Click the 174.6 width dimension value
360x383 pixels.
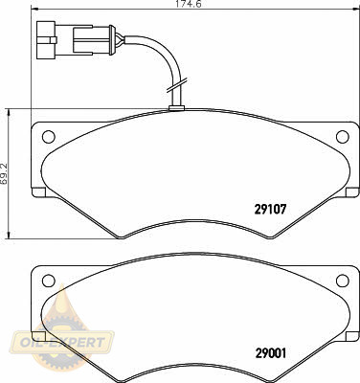tap(190, 4)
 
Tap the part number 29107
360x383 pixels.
tap(271, 210)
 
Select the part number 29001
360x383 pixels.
tap(271, 352)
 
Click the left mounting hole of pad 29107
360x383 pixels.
tap(49, 137)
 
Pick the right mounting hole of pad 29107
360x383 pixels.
tap(343, 137)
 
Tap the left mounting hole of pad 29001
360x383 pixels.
tap(49, 281)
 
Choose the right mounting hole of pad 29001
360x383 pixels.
tap(343, 281)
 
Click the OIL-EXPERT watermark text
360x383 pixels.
tap(62, 343)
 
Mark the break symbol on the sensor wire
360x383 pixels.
tap(176, 84)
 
